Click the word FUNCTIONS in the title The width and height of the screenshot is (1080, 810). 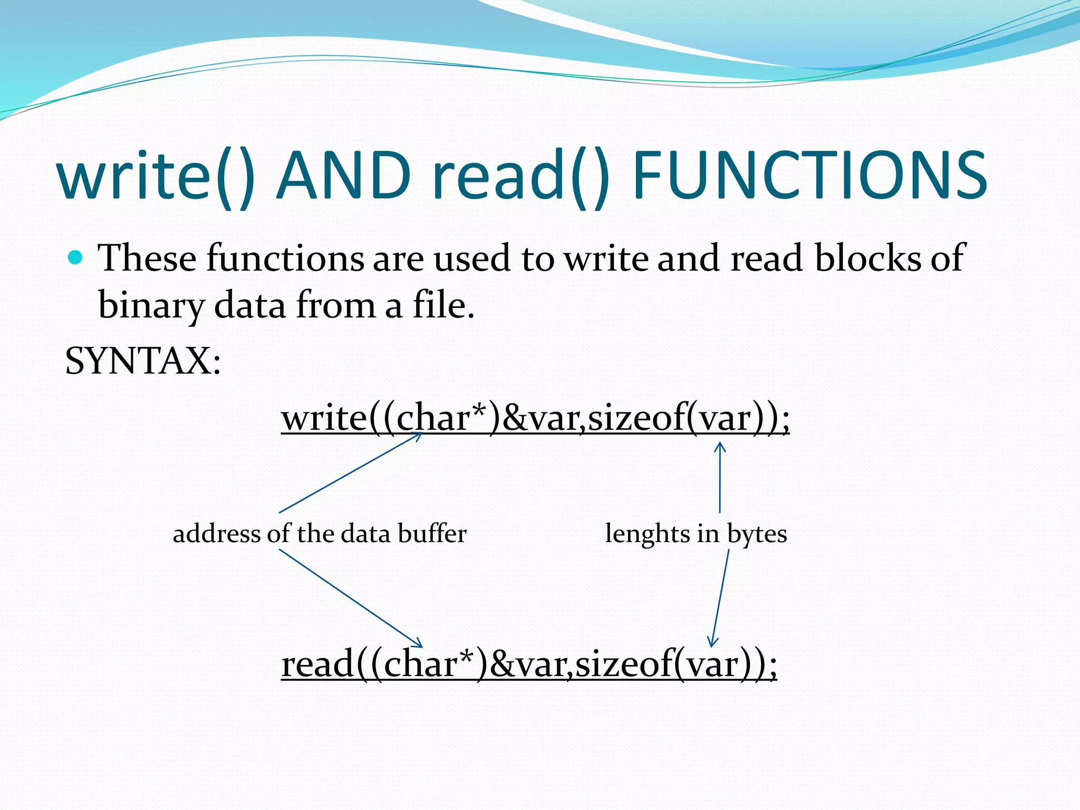pyautogui.click(x=809, y=175)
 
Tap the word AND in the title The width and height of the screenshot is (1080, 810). pyautogui.click(x=344, y=175)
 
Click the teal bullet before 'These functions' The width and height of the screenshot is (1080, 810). pyautogui.click(x=76, y=258)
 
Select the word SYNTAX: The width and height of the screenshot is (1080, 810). pyautogui.click(x=143, y=361)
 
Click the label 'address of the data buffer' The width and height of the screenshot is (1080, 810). pyautogui.click(x=320, y=533)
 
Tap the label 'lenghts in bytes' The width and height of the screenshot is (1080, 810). pyautogui.click(x=696, y=533)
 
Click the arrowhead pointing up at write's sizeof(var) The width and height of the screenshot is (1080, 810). pyautogui.click(x=720, y=447)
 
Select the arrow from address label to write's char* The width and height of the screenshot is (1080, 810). pyautogui.click(x=351, y=472)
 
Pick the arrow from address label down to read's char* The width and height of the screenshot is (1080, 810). pyautogui.click(x=351, y=599)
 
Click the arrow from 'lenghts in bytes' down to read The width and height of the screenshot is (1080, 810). pyautogui.click(x=720, y=599)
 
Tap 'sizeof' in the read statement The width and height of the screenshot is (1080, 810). pyautogui.click(x=622, y=664)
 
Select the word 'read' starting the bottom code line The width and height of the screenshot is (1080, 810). pyautogui.click(x=317, y=664)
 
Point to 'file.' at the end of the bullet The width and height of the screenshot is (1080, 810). pyautogui.click(x=443, y=306)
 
